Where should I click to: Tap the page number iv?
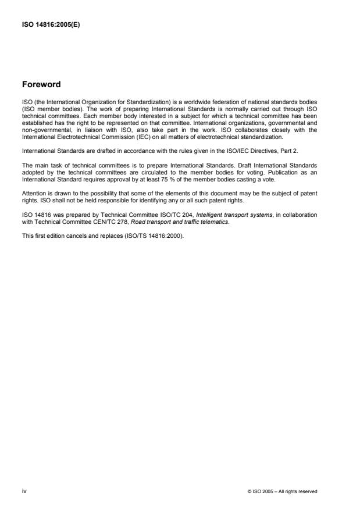click(23, 491)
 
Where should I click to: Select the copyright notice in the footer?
click(282, 491)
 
